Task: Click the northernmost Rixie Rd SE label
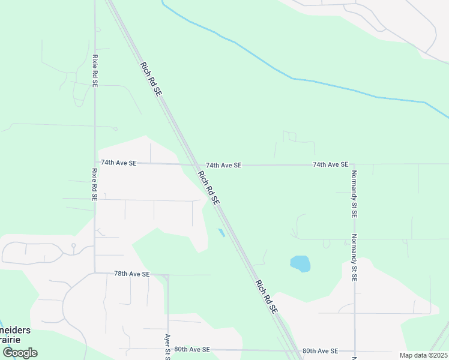[95, 71]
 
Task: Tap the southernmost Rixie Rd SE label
[95, 184]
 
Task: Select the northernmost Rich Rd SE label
[151, 79]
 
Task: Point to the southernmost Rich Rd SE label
[266, 297]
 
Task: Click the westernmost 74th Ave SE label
[119, 163]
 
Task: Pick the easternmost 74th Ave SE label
[330, 164]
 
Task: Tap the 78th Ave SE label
[131, 274]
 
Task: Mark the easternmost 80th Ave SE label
[320, 351]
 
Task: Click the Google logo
[20, 353]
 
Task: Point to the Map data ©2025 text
[423, 355]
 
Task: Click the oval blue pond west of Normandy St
[300, 263]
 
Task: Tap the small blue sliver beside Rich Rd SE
[220, 232]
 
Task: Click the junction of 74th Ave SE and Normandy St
[354, 164]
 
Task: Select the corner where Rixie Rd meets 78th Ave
[95, 273]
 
